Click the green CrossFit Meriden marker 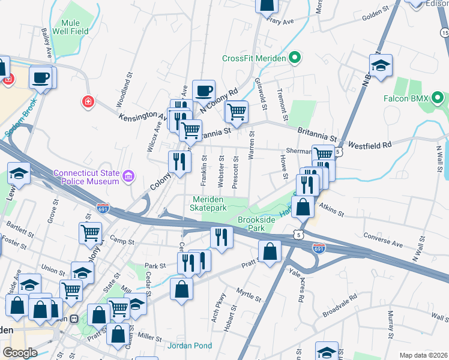294,58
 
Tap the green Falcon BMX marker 438,98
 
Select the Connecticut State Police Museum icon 128,176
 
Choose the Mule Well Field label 70,27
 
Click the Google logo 20,352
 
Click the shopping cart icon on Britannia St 237,110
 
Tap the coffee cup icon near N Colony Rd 203,90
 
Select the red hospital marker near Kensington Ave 88,101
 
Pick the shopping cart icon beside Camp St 91,232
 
